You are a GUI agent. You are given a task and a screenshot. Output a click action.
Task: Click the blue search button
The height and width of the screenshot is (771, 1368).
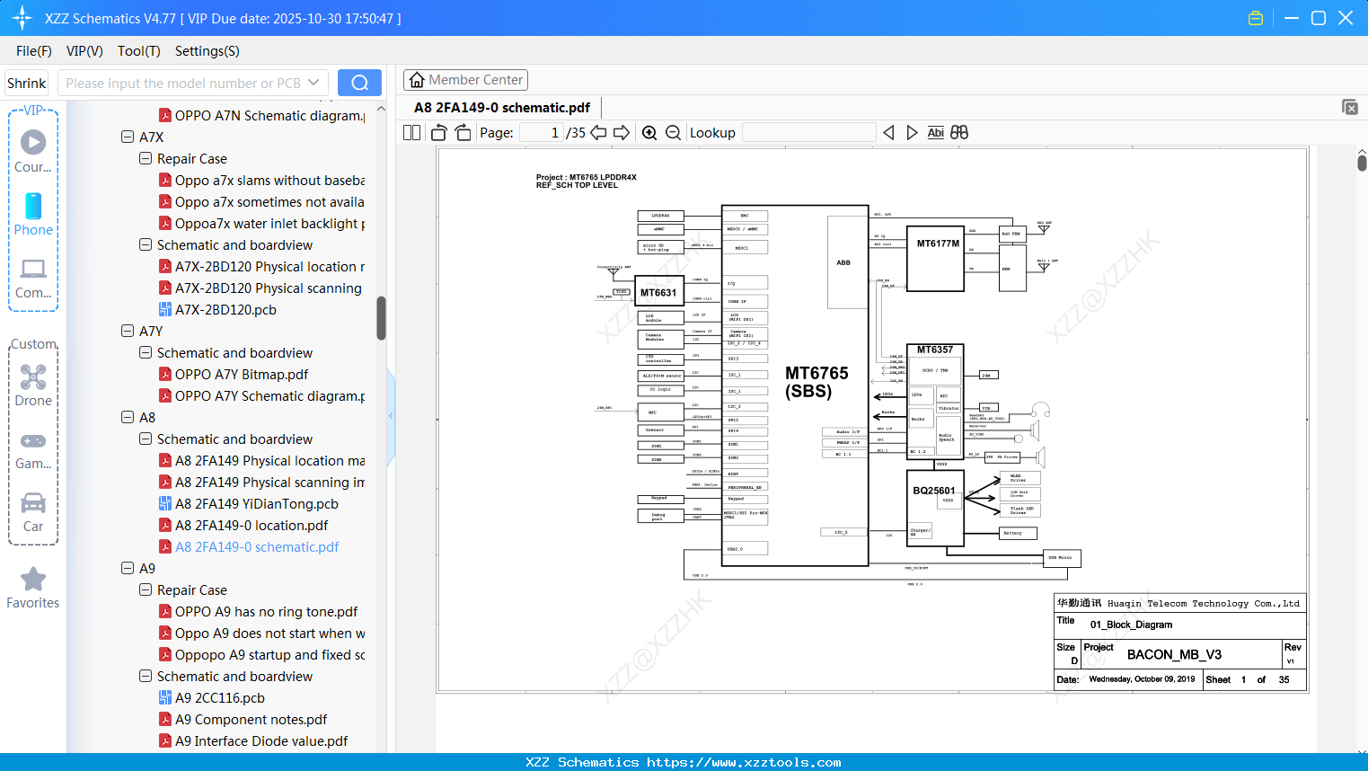point(359,83)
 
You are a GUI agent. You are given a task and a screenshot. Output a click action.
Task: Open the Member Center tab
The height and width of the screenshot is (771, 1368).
point(465,80)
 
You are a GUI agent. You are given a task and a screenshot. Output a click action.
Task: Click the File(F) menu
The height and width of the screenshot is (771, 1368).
point(34,51)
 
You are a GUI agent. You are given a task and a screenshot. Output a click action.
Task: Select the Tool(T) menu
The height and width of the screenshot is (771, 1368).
point(138,51)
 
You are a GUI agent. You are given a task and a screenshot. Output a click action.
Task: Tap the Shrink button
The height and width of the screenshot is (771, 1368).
point(27,84)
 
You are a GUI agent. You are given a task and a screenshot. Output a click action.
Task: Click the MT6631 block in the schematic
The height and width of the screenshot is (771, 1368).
point(658,293)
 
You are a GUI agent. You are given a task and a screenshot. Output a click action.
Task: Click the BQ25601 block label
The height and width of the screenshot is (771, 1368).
point(934,491)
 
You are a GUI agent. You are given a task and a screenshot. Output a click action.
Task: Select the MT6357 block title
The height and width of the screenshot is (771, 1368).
point(935,350)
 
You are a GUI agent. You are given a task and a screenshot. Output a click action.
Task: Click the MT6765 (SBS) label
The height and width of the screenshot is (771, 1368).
point(816,382)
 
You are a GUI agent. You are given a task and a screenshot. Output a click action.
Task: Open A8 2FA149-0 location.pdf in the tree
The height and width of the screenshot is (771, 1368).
point(252,526)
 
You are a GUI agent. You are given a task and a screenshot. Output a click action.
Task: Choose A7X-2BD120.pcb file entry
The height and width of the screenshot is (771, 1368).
point(225,310)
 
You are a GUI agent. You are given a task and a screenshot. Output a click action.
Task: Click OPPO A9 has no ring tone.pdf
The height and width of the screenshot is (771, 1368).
point(266,612)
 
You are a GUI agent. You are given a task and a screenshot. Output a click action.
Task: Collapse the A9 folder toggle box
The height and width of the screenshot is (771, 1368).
point(128,569)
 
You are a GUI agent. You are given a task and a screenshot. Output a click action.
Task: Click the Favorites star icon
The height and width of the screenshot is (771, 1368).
point(33,580)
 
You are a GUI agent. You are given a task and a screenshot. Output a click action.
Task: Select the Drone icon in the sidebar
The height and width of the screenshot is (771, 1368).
point(33,378)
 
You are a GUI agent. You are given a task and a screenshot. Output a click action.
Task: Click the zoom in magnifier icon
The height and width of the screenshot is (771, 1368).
point(649,133)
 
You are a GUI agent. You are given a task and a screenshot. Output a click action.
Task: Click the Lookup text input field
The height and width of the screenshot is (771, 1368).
point(808,133)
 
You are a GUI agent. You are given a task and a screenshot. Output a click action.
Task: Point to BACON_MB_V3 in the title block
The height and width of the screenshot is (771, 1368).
point(1174,654)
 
